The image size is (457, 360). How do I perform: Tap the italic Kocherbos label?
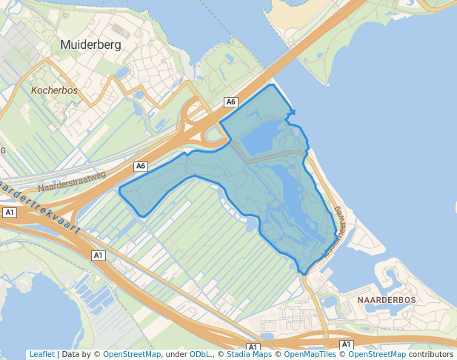coord(55,90)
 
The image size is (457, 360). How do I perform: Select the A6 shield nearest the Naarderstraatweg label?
coord(141,166)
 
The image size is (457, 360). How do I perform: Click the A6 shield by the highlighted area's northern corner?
coord(231,101)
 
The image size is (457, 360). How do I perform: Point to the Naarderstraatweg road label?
coord(72,182)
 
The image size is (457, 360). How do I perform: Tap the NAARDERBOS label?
coord(387,299)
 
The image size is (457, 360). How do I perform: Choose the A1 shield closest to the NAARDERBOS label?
coord(346,344)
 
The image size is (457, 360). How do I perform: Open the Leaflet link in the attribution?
coord(41,355)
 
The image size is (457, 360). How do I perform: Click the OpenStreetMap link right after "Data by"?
coord(131,355)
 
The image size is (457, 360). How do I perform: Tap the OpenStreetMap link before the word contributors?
coord(376,355)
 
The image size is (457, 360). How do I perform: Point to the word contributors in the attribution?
coord(430,355)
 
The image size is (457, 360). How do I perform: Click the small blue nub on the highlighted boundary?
coord(293,113)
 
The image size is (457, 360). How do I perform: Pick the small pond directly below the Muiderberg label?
coord(122,72)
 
